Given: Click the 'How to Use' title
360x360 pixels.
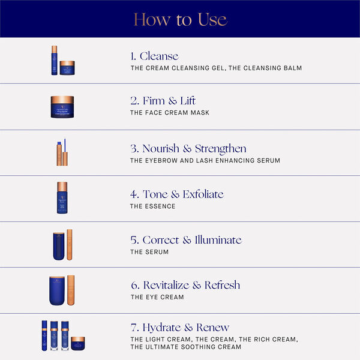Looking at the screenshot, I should point(180,19).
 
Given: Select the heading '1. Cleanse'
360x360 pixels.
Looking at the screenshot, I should point(154,56).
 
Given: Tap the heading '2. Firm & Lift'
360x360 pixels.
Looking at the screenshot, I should point(163,101).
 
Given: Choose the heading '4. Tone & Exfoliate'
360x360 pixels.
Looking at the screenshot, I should point(177,194).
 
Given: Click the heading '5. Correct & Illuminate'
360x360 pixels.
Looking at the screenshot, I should point(186,240).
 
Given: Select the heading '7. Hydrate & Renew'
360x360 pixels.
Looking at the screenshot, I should point(180,328).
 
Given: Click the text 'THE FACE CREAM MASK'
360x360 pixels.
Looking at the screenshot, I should point(170,113).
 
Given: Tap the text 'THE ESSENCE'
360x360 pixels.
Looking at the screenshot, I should point(153,206).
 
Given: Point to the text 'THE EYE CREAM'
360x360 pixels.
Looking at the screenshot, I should point(157,297).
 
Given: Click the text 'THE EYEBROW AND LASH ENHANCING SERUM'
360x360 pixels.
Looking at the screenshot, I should point(205,161).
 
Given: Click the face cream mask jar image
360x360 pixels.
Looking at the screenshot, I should point(62,107).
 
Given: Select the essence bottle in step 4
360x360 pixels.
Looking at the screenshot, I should point(62,198).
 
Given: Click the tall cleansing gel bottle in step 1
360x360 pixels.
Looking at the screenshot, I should point(54,61).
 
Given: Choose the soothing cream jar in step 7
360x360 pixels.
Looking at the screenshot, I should point(78,344).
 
